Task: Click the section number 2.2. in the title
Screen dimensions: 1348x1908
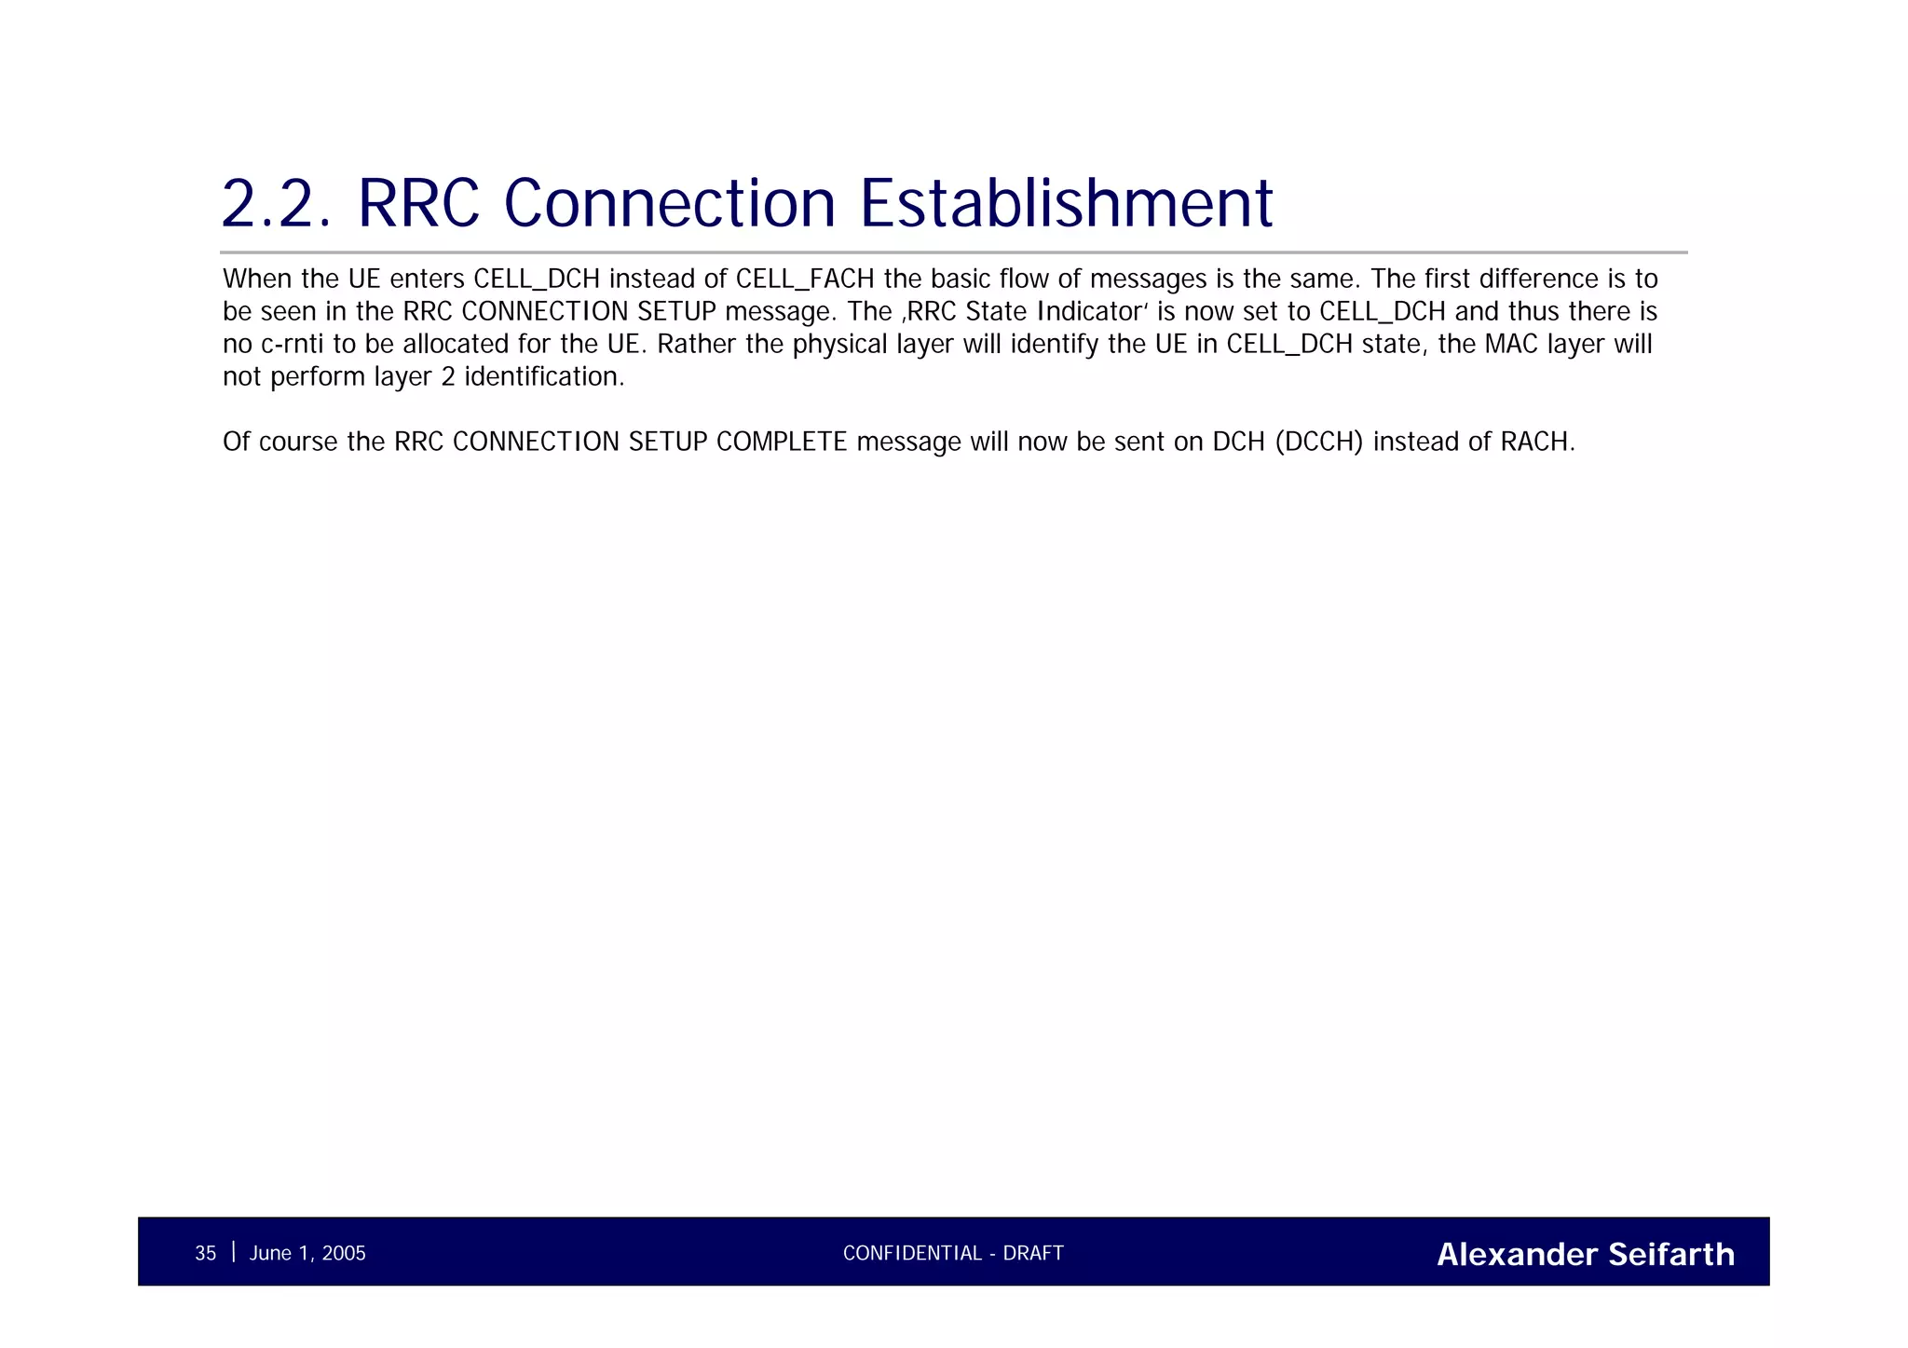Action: point(277,203)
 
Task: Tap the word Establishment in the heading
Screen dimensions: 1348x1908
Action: point(1066,203)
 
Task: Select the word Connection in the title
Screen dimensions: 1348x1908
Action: point(670,203)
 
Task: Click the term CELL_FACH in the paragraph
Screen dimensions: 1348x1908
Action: point(805,279)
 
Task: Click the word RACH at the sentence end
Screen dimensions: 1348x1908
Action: point(1537,442)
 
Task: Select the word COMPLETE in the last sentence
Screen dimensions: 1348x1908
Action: point(781,442)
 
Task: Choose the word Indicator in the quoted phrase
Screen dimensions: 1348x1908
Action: point(1090,312)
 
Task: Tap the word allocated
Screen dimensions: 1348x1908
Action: point(456,345)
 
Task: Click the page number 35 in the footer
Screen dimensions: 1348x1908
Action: point(205,1254)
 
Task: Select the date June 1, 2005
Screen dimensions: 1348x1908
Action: point(307,1254)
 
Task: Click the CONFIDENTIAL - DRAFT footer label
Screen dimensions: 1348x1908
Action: point(953,1254)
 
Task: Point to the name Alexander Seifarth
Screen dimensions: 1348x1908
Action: point(1586,1255)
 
